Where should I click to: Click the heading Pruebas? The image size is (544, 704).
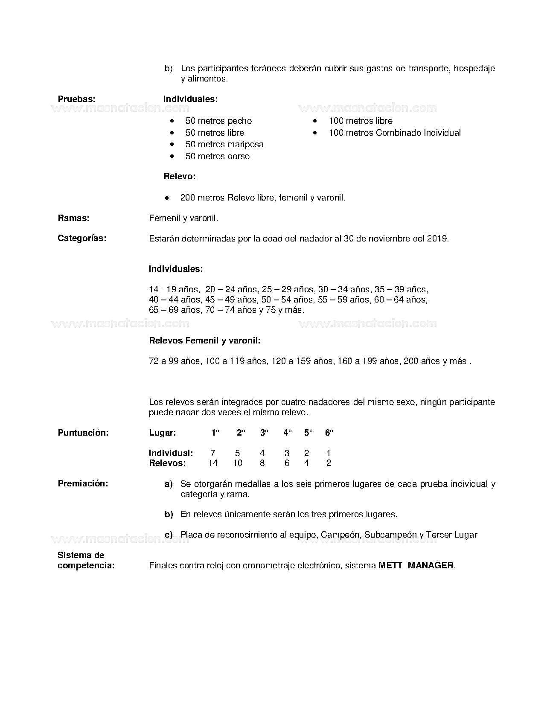tap(76, 99)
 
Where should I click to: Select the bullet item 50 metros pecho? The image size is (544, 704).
tap(218, 121)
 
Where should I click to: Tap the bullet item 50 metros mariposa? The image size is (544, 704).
tap(224, 144)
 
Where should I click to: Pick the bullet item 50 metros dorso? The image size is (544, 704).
tap(218, 156)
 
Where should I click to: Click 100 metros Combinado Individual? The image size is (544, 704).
tap(395, 133)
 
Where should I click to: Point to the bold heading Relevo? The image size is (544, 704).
tap(180, 176)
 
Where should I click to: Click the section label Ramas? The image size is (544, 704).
tap(73, 218)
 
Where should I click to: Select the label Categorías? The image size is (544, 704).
tap(82, 238)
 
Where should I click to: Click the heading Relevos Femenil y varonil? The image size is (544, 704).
tap(205, 340)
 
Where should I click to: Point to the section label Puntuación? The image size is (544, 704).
tap(83, 433)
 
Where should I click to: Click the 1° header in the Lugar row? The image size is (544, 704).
tap(215, 433)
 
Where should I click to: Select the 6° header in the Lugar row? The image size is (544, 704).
tap(329, 433)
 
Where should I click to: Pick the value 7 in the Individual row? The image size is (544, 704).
tap(213, 453)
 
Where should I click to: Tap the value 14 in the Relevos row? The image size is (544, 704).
tap(213, 463)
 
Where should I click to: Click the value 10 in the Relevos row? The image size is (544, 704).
tap(238, 463)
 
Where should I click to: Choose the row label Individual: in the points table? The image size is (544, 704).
tap(171, 453)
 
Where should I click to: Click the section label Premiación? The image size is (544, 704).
tap(83, 483)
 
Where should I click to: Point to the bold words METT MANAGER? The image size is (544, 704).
tap(416, 565)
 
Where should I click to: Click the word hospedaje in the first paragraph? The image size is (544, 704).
tap(474, 68)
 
